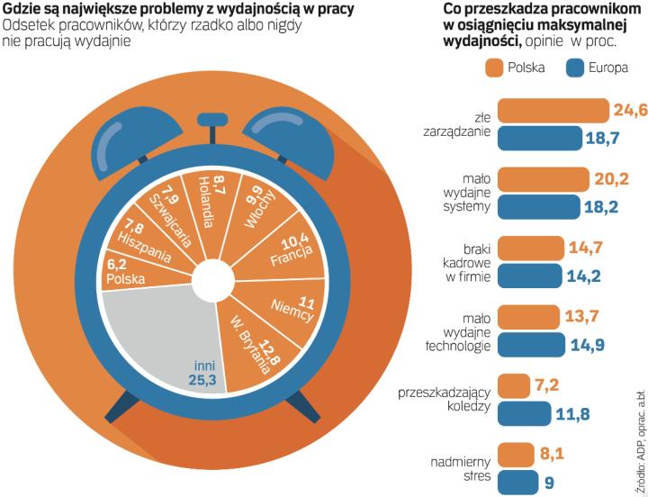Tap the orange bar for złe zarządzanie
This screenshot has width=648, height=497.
[x=553, y=111]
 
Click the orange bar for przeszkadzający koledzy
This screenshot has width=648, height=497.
[x=514, y=384]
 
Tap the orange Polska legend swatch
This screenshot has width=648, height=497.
[x=492, y=68]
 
